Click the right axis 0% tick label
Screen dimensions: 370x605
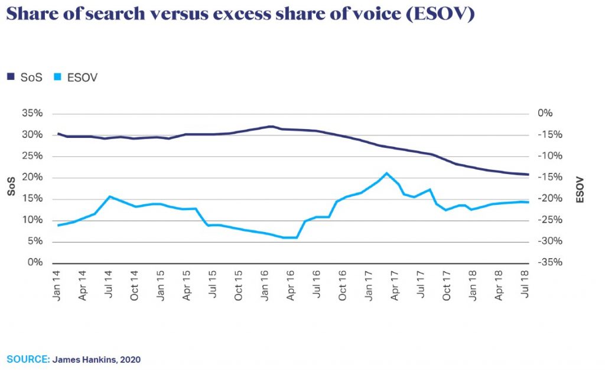click(x=547, y=114)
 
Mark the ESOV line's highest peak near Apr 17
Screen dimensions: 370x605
click(x=386, y=173)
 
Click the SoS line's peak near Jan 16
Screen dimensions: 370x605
click(x=271, y=126)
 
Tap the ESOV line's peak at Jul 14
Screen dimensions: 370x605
click(x=109, y=197)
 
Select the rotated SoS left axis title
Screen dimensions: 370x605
click(x=11, y=188)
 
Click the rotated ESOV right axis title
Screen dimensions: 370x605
click(x=580, y=189)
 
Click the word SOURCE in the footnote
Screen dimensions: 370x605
click(x=28, y=359)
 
